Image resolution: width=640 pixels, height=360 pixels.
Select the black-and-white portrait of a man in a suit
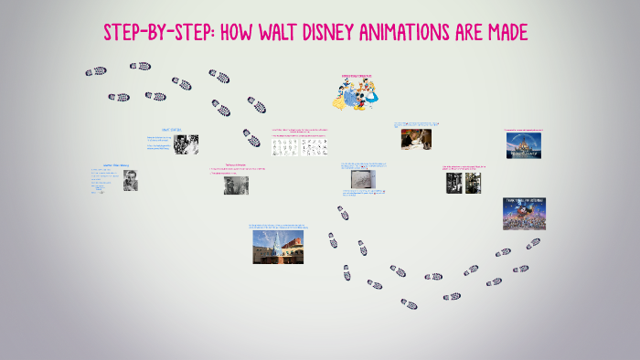[130, 180]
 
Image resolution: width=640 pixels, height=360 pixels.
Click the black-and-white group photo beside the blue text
[187, 144]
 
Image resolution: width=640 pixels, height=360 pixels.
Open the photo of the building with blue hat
[278, 245]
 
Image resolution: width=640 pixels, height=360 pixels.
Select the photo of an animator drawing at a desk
[416, 138]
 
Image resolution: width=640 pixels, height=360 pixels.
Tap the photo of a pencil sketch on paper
[362, 178]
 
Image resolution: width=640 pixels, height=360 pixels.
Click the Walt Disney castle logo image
[524, 145]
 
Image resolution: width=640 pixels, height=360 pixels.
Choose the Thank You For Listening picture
[524, 213]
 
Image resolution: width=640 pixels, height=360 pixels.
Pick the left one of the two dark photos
[453, 183]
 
